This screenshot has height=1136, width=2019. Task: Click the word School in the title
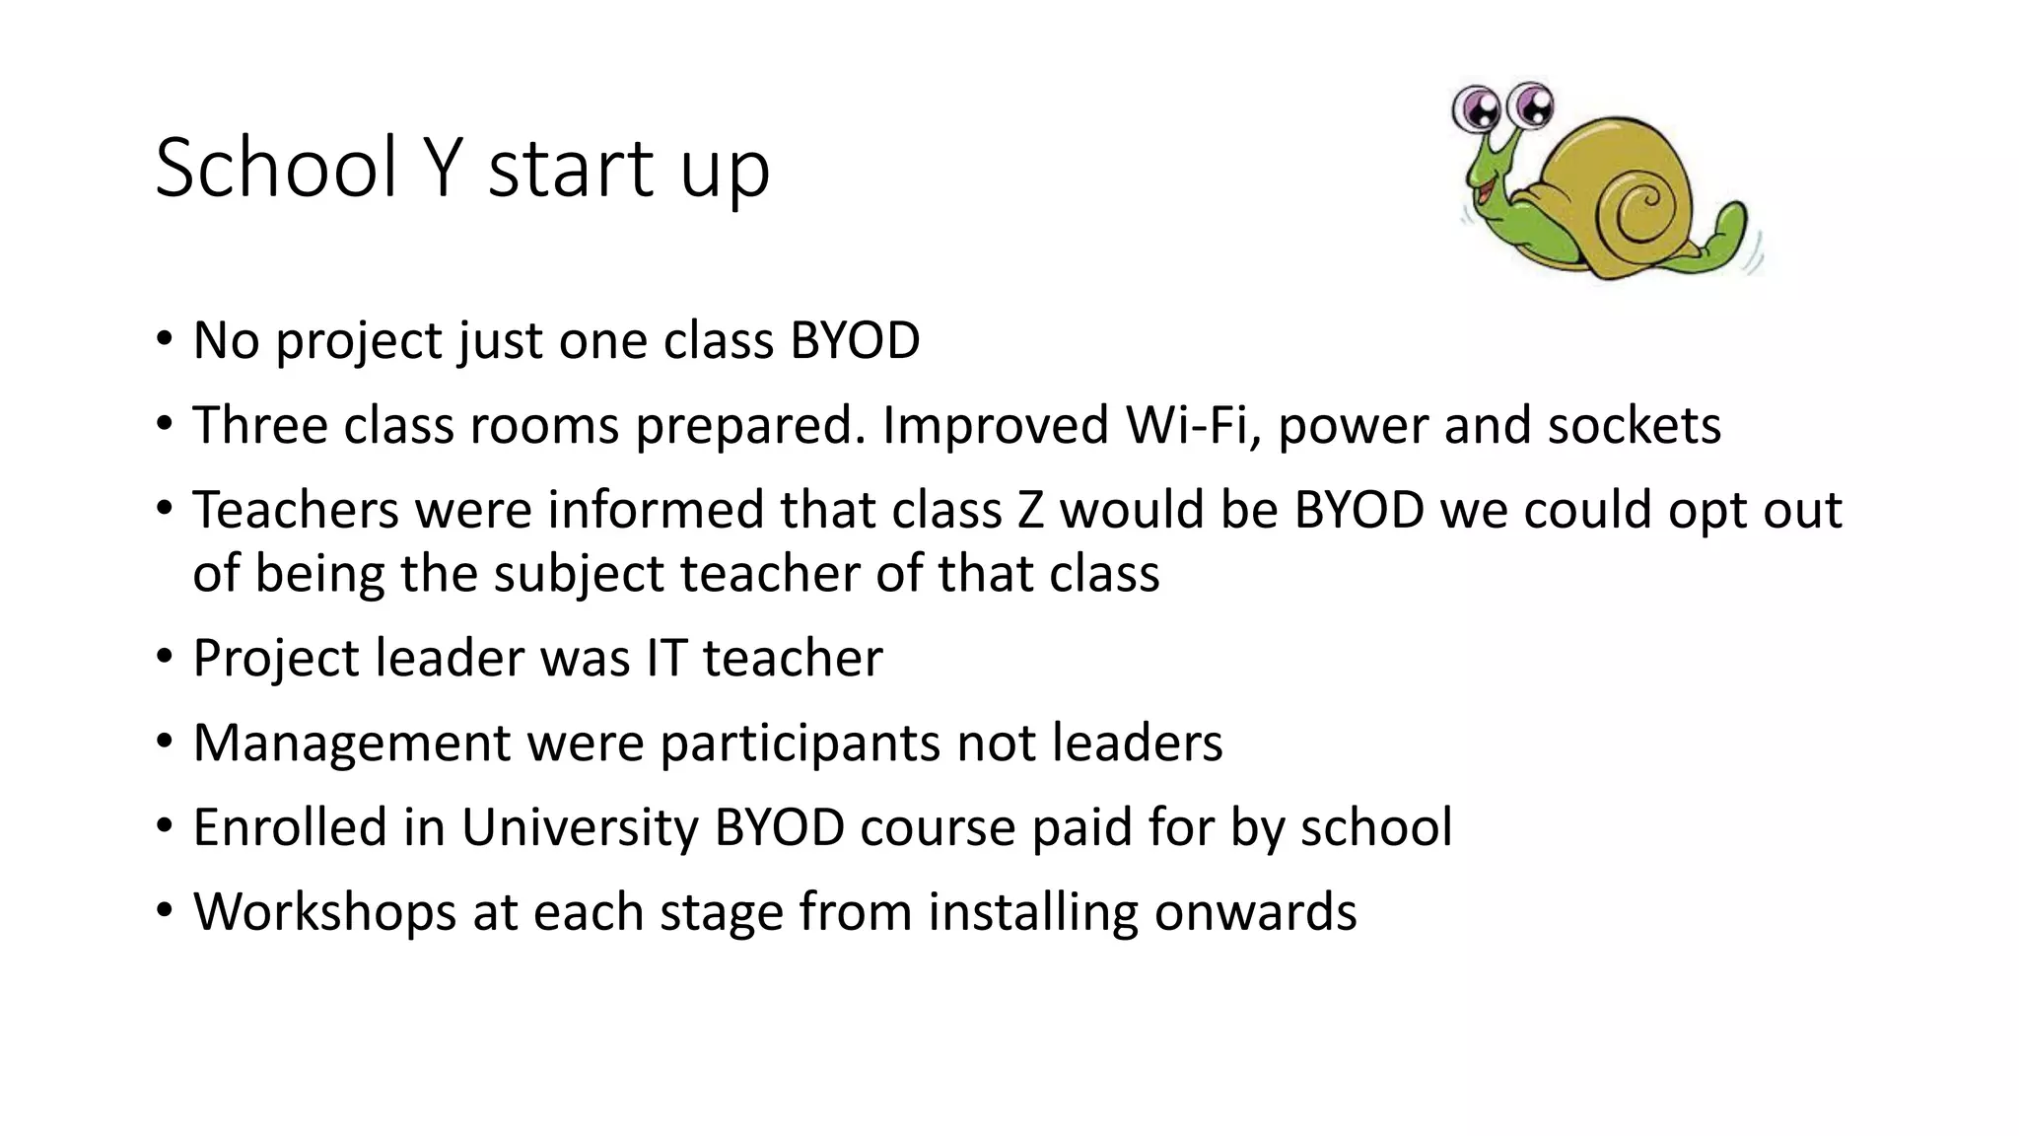point(276,168)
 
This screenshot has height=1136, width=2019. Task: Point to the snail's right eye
point(1529,105)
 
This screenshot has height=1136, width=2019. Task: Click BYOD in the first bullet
point(855,341)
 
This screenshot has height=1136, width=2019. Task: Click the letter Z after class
point(1030,510)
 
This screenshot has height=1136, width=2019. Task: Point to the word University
point(580,826)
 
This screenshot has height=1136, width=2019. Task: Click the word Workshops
point(324,911)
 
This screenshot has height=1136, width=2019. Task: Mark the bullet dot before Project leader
point(165,657)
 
